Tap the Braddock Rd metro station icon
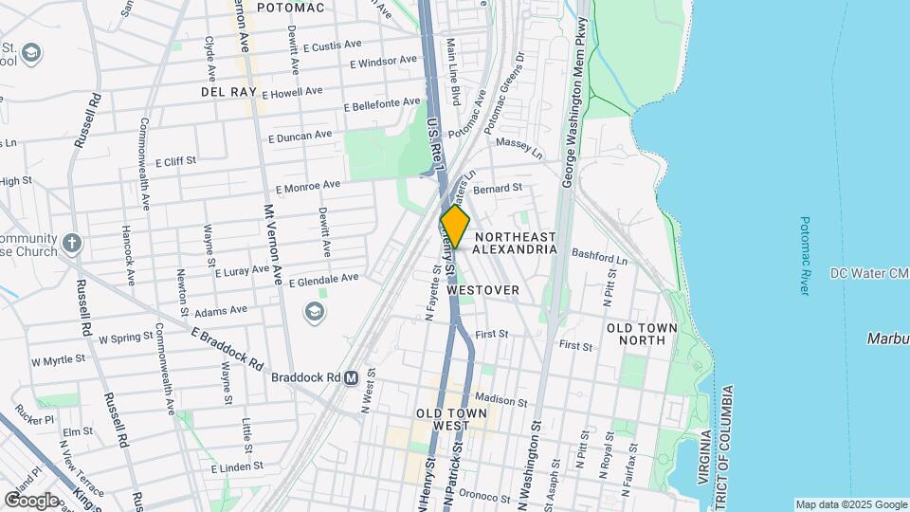pos(351,376)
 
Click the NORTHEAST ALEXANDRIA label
pos(515,243)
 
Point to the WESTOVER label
pos(482,290)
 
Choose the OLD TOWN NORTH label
pos(642,334)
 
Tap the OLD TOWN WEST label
pos(451,420)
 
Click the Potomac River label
pos(805,255)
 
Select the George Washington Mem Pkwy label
pos(571,95)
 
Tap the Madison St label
pos(500,401)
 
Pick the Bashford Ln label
pos(599,256)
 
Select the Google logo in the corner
pos(31,500)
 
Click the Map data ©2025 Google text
pos(850,504)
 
